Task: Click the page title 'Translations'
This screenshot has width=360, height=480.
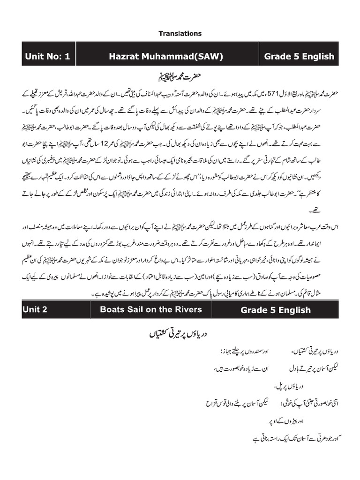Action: [x=180, y=33]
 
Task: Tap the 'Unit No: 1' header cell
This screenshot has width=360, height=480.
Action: [x=48, y=57]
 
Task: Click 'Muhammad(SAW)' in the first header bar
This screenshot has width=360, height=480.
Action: [x=182, y=57]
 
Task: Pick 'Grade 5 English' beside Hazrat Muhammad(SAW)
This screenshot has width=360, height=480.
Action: [x=299, y=57]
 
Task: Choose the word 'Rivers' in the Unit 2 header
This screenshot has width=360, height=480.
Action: [x=187, y=309]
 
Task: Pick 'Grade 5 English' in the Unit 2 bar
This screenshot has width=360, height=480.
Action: [x=276, y=310]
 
